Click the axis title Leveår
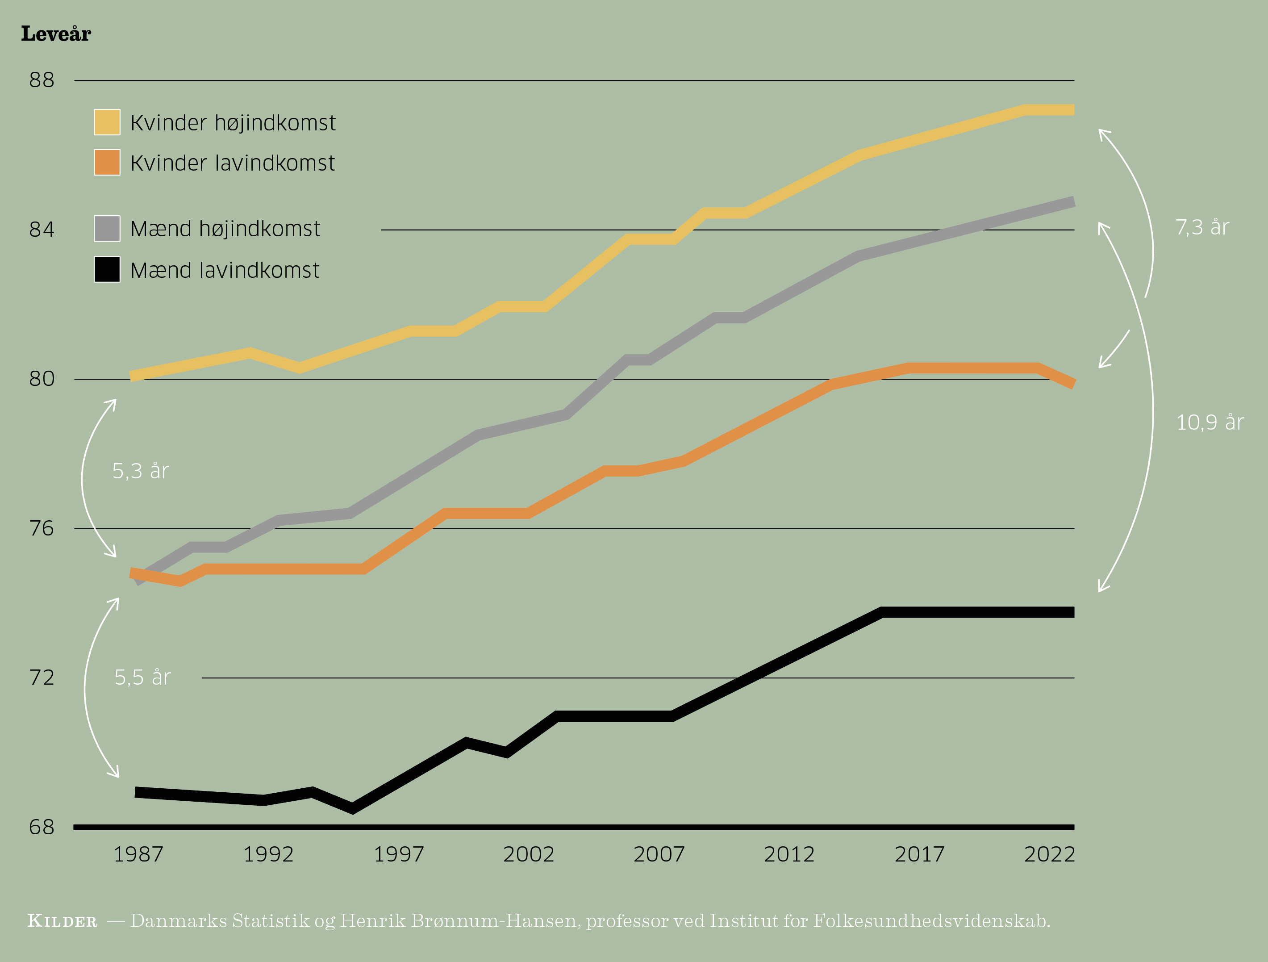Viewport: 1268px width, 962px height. click(56, 34)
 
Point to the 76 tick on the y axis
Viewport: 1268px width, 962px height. click(42, 528)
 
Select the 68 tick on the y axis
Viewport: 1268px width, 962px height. click(42, 827)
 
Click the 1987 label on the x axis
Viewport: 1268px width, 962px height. click(138, 855)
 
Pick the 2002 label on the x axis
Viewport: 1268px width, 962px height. click(529, 855)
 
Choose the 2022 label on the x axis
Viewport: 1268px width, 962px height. click(1050, 855)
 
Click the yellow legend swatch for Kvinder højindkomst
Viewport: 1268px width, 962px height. click(107, 122)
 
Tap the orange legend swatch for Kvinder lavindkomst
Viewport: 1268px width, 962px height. click(107, 162)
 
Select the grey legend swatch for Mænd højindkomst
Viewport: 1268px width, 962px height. click(107, 228)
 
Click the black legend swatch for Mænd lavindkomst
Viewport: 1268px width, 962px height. click(107, 269)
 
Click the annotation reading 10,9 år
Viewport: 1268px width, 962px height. click(1210, 422)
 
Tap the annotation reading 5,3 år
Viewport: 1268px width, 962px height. click(141, 471)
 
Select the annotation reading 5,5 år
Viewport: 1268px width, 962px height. click(142, 678)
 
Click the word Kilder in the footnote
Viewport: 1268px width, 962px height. click(63, 921)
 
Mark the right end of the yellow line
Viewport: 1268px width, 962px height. click(1072, 110)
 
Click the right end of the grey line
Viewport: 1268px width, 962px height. click(1072, 202)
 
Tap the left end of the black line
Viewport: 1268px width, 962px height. click(137, 792)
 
